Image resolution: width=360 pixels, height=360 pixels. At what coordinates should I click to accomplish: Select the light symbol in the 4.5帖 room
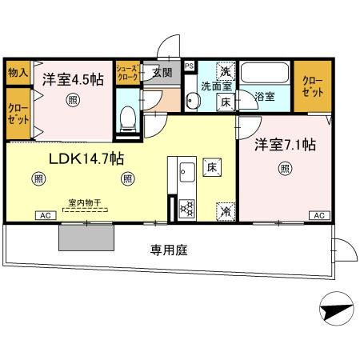pos(72,100)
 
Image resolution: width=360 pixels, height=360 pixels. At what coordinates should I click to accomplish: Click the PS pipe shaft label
pos(189,66)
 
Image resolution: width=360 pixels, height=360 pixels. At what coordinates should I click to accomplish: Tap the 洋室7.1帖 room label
pos(285,145)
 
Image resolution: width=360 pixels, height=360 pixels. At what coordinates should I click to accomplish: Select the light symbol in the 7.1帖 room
pos(285,168)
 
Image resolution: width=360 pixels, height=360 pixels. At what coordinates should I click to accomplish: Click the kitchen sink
pos(187,170)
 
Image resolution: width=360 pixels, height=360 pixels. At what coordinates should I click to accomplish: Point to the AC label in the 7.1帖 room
pos(318,216)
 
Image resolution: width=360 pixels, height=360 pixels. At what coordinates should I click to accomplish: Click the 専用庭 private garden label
pos(168,250)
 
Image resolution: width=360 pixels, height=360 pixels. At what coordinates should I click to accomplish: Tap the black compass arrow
pos(336,309)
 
